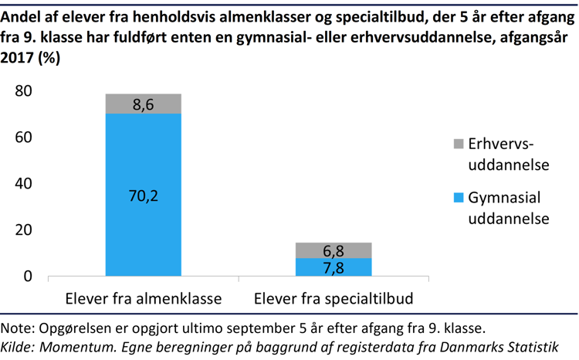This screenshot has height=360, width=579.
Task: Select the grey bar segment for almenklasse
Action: (143, 103)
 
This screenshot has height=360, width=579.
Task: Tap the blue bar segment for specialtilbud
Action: (334, 267)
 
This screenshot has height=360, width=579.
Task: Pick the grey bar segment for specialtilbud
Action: (334, 250)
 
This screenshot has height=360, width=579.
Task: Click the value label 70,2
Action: (143, 196)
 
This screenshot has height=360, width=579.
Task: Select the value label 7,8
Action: (334, 267)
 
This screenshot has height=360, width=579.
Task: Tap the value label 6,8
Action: (334, 252)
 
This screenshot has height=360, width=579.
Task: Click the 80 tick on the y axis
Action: (23, 91)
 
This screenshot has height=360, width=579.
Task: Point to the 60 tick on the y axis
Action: (23, 138)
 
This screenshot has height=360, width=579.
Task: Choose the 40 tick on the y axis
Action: (23, 184)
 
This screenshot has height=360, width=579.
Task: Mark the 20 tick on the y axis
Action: (23, 230)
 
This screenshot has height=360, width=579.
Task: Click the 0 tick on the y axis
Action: (29, 277)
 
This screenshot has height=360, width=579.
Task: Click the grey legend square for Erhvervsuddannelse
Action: (458, 144)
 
